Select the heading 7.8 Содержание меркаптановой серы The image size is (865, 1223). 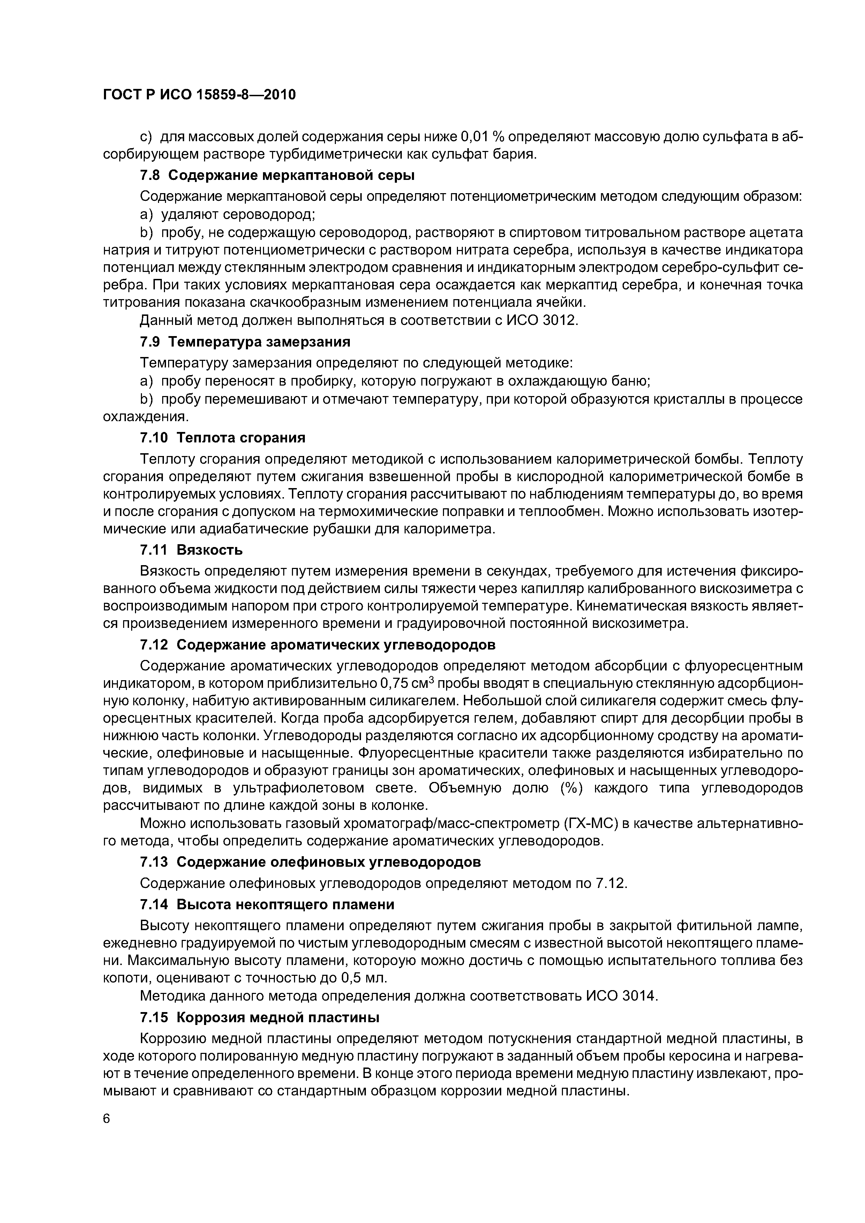(277, 175)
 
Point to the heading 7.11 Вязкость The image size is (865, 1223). (191, 549)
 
